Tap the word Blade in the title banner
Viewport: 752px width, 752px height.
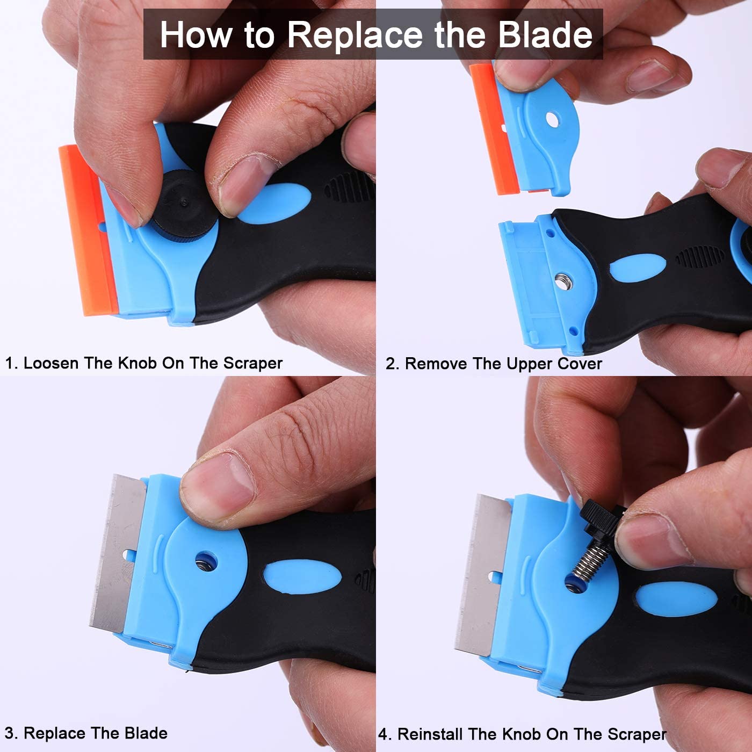pos(545,35)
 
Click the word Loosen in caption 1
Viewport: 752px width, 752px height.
pos(51,363)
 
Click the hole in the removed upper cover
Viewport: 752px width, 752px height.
pos(552,119)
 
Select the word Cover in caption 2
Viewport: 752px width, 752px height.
pos(579,364)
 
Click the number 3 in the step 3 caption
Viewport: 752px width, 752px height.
pos(9,733)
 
